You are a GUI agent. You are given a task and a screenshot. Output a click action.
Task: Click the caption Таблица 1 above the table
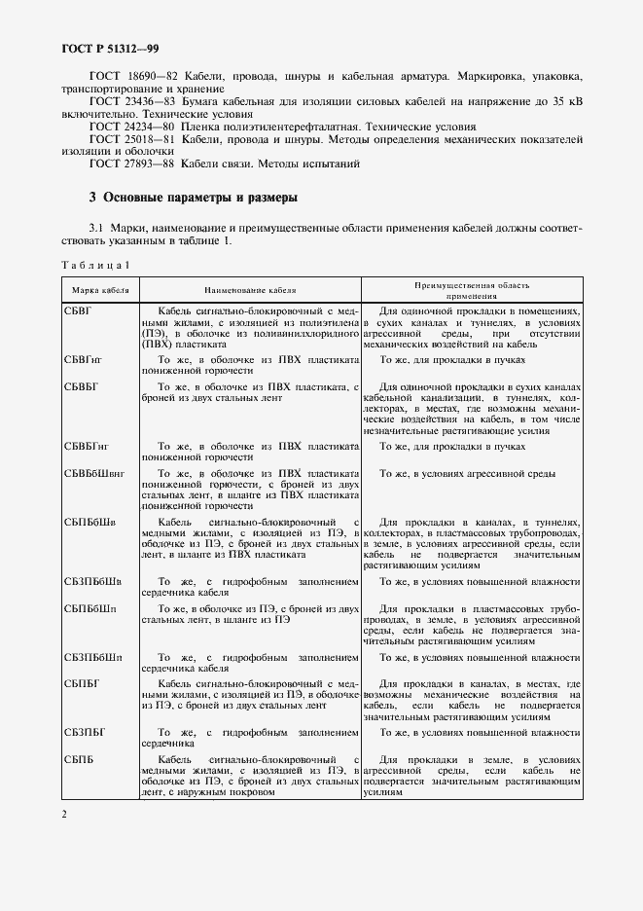point(95,265)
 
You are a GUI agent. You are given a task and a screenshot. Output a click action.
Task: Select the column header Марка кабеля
point(100,290)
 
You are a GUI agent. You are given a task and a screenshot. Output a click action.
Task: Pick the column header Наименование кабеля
point(250,290)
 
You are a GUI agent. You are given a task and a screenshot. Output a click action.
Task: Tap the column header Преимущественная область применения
point(472,290)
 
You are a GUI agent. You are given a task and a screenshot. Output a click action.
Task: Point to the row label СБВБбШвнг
point(96,473)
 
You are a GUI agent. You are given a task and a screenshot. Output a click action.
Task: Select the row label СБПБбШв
point(90,522)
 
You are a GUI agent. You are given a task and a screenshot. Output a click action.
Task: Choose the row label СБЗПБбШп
point(93,657)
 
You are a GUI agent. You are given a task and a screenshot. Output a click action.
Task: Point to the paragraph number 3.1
point(96,227)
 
